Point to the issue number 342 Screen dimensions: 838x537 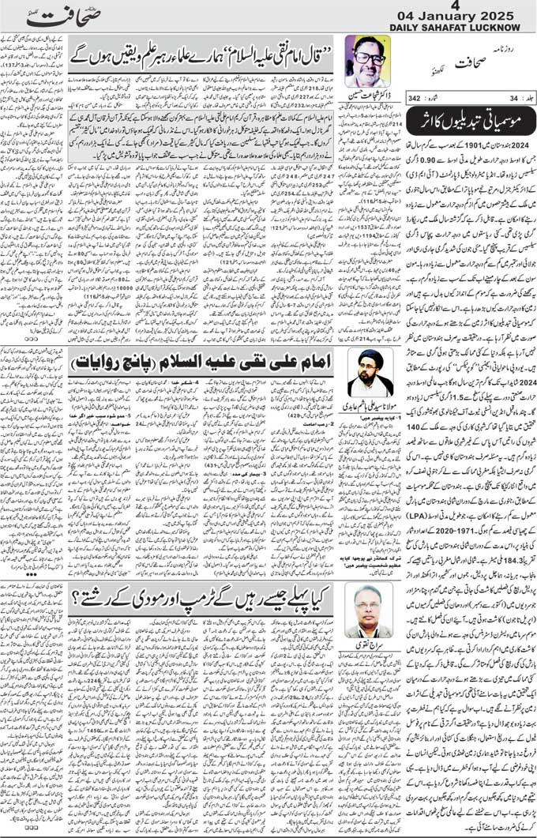click(414, 98)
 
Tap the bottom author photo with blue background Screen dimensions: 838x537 click(369, 609)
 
